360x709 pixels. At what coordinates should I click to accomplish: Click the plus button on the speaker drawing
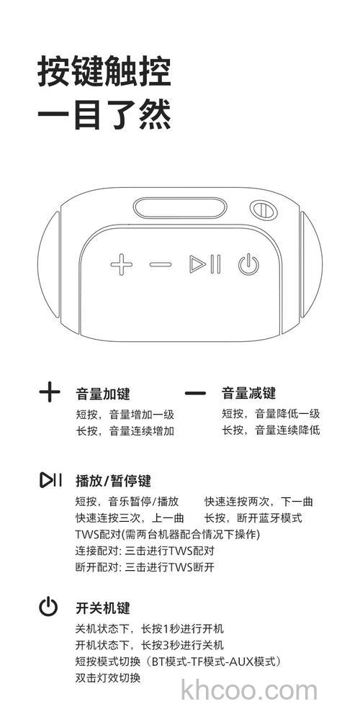(x=122, y=265)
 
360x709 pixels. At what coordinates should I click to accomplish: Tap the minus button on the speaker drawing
(x=161, y=265)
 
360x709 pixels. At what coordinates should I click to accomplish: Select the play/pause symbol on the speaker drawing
(x=205, y=265)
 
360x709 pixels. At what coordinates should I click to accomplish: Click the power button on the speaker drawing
(x=248, y=265)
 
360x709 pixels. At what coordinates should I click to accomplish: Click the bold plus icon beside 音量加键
(x=50, y=393)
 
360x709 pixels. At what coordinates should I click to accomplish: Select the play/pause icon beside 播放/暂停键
(x=50, y=480)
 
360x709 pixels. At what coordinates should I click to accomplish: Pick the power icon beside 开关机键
(x=48, y=607)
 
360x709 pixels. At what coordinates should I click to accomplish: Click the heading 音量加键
(x=103, y=394)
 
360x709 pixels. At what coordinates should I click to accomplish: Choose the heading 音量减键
(x=248, y=394)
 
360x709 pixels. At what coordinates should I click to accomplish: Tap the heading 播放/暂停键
(x=113, y=481)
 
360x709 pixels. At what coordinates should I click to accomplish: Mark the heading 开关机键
(x=103, y=608)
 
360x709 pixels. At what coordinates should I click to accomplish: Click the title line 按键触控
(x=105, y=73)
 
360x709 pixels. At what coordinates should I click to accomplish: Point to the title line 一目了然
(x=105, y=115)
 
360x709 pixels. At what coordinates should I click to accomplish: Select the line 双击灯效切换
(x=108, y=678)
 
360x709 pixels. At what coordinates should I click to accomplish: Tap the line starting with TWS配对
(x=167, y=535)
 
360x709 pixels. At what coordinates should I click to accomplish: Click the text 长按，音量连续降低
(x=271, y=430)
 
